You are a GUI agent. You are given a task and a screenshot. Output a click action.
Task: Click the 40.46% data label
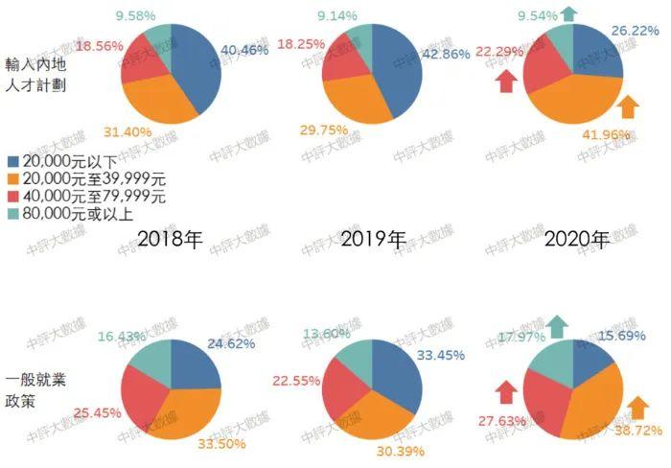pyautogui.click(x=244, y=49)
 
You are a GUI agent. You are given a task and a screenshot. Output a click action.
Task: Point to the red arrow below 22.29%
pyautogui.click(x=506, y=83)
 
